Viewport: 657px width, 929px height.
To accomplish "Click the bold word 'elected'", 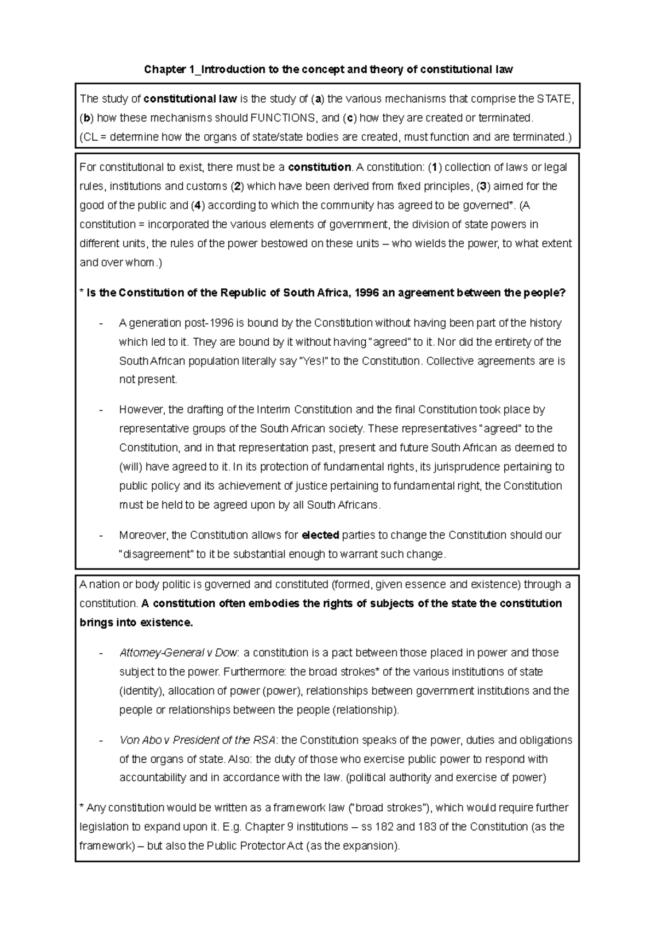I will [x=320, y=535].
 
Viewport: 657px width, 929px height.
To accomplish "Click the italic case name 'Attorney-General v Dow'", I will [x=178, y=653].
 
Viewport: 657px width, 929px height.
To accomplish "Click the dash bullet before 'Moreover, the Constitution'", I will [x=100, y=535].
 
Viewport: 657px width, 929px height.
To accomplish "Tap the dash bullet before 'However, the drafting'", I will [x=100, y=410].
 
